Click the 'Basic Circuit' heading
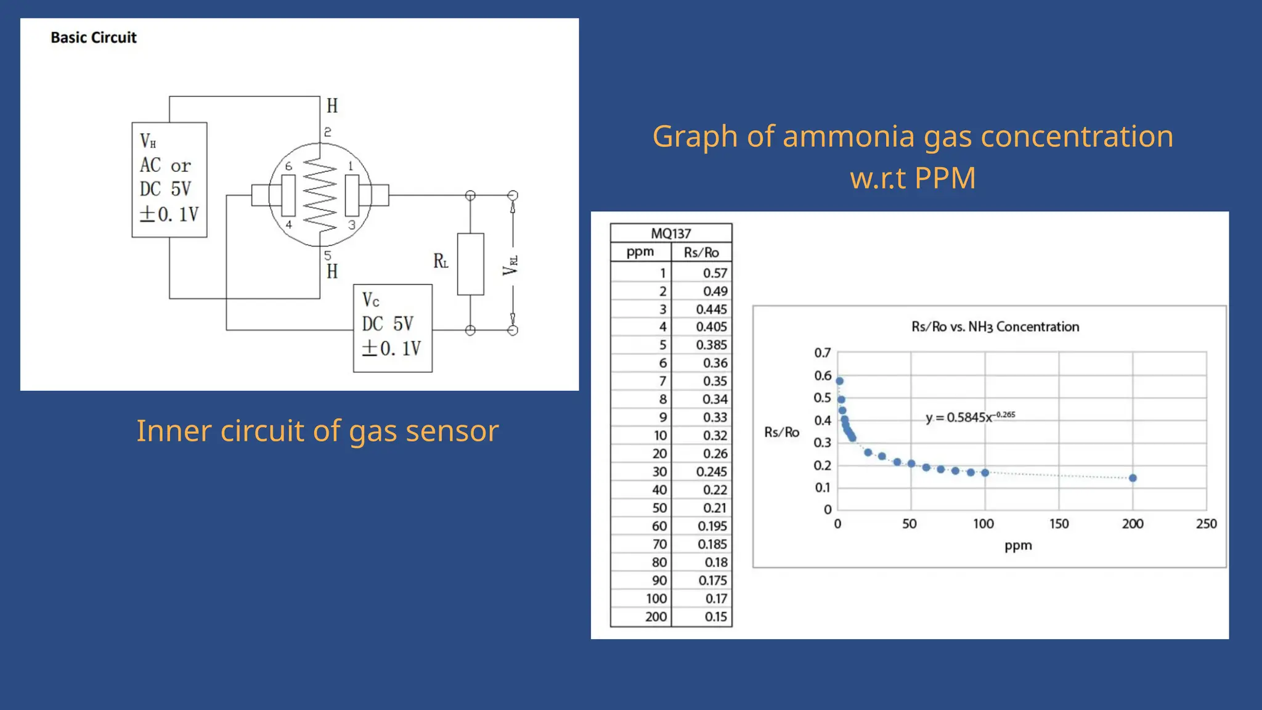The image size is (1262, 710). (94, 38)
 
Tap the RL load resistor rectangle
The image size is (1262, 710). (470, 264)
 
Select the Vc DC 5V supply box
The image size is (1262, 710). (393, 328)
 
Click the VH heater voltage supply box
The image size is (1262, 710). (169, 179)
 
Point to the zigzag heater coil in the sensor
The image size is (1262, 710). (320, 195)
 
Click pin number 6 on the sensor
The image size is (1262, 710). (288, 166)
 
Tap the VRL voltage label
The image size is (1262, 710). (510, 265)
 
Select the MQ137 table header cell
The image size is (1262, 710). (671, 234)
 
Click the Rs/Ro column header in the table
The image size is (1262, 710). (701, 253)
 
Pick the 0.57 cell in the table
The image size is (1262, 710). (715, 273)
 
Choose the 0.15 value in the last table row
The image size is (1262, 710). (715, 617)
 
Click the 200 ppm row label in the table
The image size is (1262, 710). (656, 617)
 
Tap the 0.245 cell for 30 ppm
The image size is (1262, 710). (712, 472)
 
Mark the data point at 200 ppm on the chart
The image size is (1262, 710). (1133, 478)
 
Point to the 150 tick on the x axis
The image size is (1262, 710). (1059, 524)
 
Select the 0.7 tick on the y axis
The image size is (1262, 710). (823, 353)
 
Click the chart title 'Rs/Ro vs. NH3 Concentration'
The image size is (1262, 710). (995, 327)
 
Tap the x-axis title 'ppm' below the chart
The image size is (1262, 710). (1018, 545)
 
